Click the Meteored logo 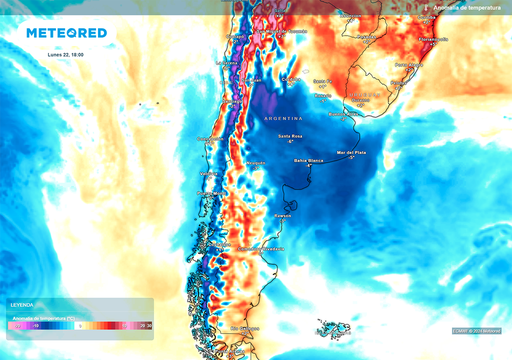pos(66,33)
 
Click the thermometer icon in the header pos(426,8)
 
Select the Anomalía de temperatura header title pos(467,8)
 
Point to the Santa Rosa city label pos(290,136)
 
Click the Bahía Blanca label pos(308,160)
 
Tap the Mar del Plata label pos(351,152)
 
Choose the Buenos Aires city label pos(343,114)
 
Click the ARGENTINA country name pos(283,118)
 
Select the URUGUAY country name pos(364,94)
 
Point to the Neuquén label pos(256,163)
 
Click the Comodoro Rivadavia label pos(261,249)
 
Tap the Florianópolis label pos(433,39)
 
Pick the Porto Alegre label pos(409,65)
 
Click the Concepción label pos(210,139)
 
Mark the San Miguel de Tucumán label pos(281,31)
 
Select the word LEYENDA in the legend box pos(22,305)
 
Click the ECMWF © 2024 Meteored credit pos(476,331)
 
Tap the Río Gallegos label pos(245,328)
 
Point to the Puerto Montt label pos(211,193)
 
